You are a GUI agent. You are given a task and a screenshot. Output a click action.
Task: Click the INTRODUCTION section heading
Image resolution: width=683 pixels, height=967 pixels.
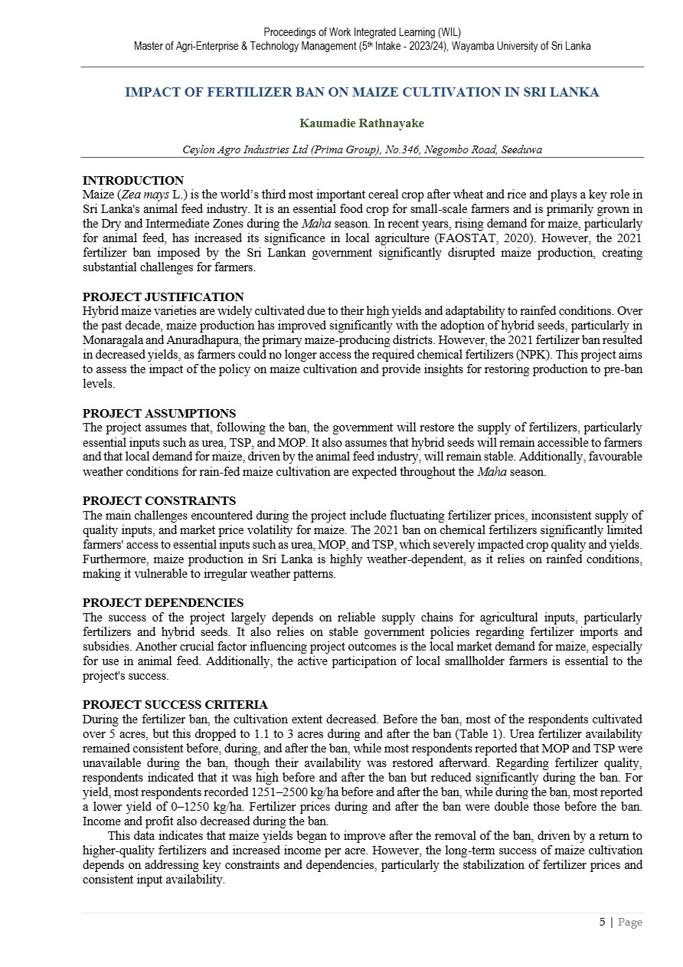point(133,181)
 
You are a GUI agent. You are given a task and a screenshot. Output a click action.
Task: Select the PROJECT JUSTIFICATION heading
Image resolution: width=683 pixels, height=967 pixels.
point(163,297)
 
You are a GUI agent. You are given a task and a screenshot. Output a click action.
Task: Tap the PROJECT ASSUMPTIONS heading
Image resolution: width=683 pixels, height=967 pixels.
point(159,414)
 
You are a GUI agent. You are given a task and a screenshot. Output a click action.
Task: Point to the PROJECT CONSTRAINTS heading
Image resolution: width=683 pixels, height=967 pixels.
point(159,501)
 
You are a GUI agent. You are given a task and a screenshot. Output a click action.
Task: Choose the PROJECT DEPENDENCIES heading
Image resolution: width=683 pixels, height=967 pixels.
point(163,603)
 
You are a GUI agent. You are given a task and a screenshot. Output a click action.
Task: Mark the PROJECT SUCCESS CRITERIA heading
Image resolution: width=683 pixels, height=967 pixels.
point(175,705)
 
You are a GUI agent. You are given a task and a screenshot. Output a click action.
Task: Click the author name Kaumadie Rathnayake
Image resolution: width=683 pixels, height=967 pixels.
point(361,123)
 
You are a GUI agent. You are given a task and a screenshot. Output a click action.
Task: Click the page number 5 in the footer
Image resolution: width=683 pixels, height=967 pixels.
point(602,922)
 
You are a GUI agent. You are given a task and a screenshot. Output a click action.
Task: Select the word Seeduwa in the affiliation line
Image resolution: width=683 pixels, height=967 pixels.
point(521,150)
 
